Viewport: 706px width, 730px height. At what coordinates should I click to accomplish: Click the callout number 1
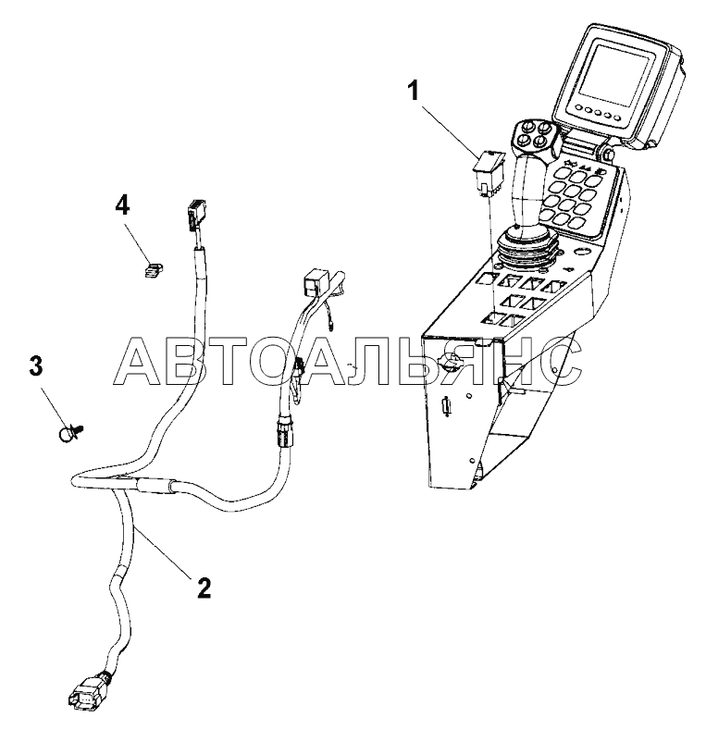tap(414, 91)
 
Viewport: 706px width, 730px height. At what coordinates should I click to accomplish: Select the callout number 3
tap(35, 366)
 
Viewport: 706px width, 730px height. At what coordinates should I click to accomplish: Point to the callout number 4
tap(122, 205)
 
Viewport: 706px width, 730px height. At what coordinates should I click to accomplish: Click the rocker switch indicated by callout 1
tap(489, 171)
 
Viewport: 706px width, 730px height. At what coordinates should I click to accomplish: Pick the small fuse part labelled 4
tap(153, 269)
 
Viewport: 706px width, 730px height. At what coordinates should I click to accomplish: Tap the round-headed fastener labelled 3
tap(70, 433)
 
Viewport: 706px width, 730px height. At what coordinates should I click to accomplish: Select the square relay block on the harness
tap(315, 282)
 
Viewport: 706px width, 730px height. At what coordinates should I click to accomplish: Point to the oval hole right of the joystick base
tap(582, 252)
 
